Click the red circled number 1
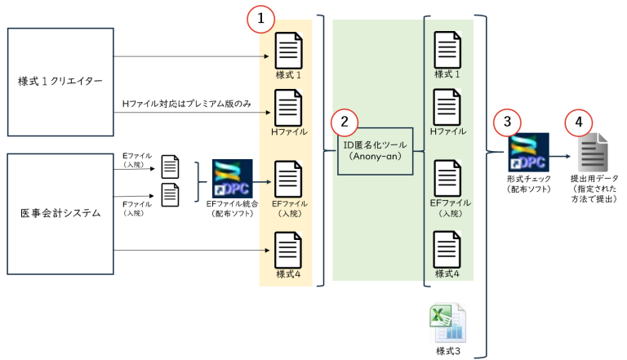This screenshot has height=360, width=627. coord(259,19)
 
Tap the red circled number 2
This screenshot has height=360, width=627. coord(345,122)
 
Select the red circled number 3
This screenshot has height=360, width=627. coord(507,122)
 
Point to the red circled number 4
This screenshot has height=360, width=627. coord(579,122)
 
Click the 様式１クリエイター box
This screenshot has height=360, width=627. coord(60,81)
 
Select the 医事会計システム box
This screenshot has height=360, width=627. coord(60,214)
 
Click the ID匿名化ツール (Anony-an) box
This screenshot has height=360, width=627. coord(376,151)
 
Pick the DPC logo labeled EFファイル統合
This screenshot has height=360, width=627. coord(232,181)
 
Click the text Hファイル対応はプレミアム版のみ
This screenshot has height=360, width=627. coord(186,102)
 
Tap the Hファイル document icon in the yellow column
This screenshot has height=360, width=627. coord(289,106)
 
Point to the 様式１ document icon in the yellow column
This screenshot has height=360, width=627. coord(289,50)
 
